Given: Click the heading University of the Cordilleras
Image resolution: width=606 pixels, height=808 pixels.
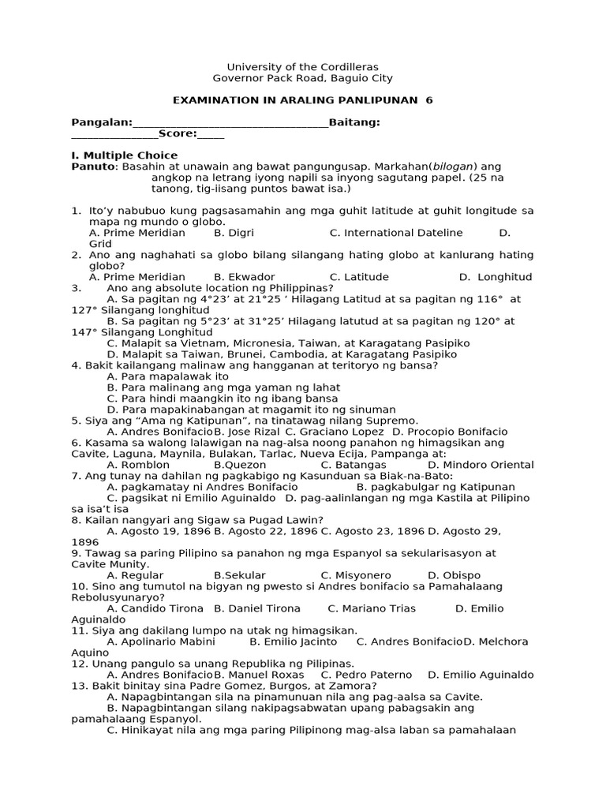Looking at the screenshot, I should (303, 67).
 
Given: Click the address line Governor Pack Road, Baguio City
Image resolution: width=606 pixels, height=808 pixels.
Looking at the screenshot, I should (303, 78).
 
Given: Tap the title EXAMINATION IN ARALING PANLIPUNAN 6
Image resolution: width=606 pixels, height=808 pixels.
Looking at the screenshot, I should (303, 100).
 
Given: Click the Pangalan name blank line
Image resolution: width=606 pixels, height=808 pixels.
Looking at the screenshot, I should (230, 123).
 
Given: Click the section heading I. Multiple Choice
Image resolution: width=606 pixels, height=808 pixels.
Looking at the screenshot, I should (125, 155).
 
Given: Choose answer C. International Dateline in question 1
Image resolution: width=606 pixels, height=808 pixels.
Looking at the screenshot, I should (396, 233).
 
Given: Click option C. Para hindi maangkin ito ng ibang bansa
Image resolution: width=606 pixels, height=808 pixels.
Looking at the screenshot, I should (223, 398).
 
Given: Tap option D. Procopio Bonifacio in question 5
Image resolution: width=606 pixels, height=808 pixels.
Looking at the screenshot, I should (450, 432).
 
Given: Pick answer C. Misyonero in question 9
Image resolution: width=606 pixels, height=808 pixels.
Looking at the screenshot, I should (356, 575).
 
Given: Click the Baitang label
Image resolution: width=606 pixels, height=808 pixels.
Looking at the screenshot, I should (354, 122).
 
